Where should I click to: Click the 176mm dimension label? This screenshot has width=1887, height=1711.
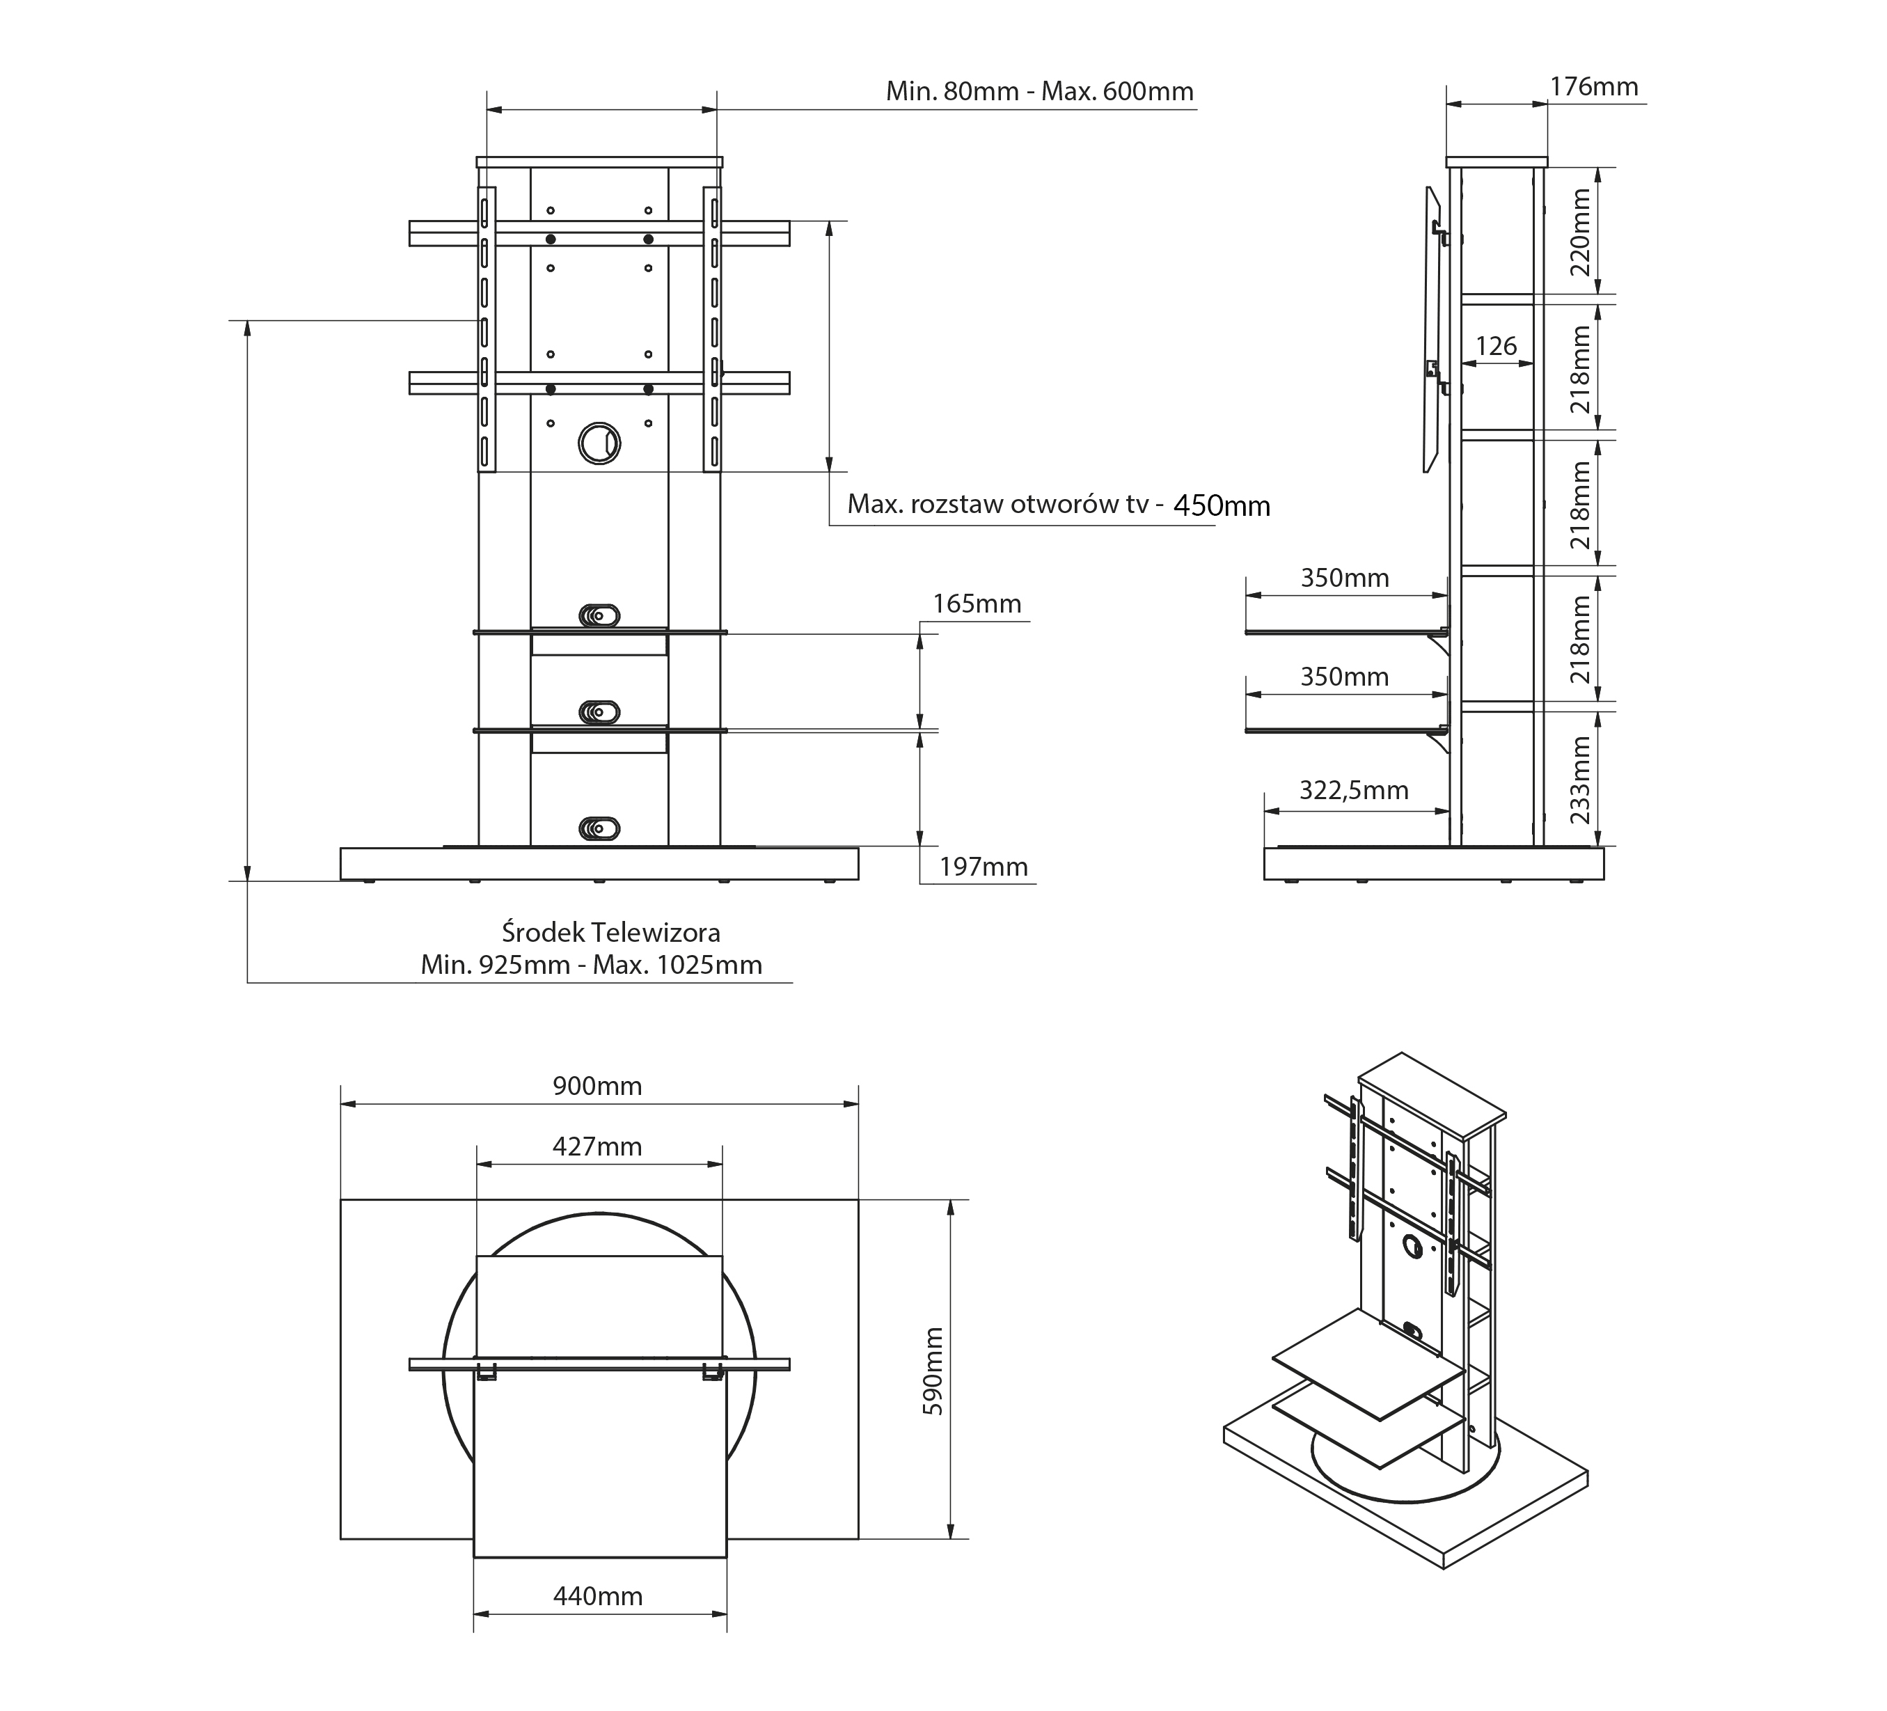[x=1594, y=87]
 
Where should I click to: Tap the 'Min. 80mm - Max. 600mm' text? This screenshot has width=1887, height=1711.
[x=1040, y=92]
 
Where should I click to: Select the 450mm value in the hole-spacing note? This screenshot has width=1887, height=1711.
[x=1222, y=505]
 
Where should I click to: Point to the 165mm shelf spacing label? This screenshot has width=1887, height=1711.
[x=977, y=604]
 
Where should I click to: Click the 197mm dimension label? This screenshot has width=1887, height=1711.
[x=984, y=867]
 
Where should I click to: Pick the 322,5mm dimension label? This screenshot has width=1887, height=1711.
[x=1353, y=791]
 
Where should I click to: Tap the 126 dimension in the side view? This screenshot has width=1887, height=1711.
[x=1496, y=347]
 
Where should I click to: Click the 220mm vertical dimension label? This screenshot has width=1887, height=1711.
[x=1580, y=231]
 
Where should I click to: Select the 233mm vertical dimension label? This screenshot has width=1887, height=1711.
[x=1580, y=779]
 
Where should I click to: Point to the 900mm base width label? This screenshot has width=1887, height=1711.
[x=597, y=1086]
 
